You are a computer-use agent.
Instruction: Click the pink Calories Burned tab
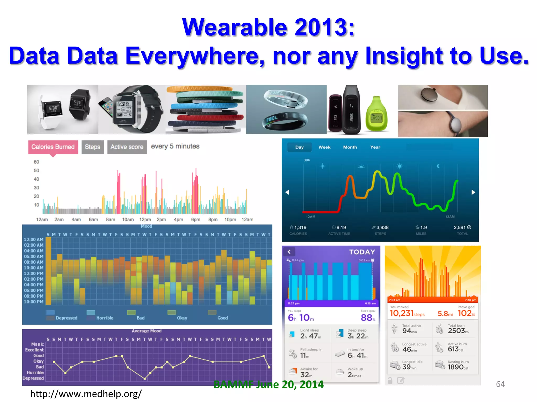(x=53, y=147)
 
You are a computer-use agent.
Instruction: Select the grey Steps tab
(x=93, y=147)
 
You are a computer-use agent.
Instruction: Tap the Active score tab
(x=127, y=147)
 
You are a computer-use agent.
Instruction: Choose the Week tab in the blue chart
(x=324, y=147)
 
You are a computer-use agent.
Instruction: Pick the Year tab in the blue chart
(x=375, y=147)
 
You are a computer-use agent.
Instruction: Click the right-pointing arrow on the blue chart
(x=473, y=192)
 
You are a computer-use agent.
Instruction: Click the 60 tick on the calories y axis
(x=36, y=162)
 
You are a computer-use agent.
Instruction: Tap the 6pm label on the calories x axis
(x=196, y=220)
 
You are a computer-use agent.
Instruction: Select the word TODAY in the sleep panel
(x=362, y=252)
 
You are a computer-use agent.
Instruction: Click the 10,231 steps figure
(x=407, y=313)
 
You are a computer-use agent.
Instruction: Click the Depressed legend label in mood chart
(x=67, y=318)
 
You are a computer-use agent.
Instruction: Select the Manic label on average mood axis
(x=37, y=344)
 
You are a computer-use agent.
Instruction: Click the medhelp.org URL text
(x=86, y=394)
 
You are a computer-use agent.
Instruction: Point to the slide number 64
(x=500, y=384)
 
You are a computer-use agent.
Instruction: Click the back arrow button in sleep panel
(x=289, y=252)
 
